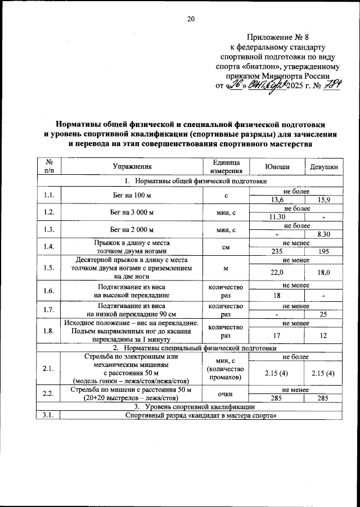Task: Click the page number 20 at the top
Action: [x=190, y=19]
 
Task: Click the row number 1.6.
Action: [x=48, y=291]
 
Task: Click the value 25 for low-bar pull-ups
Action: [x=323, y=315]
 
